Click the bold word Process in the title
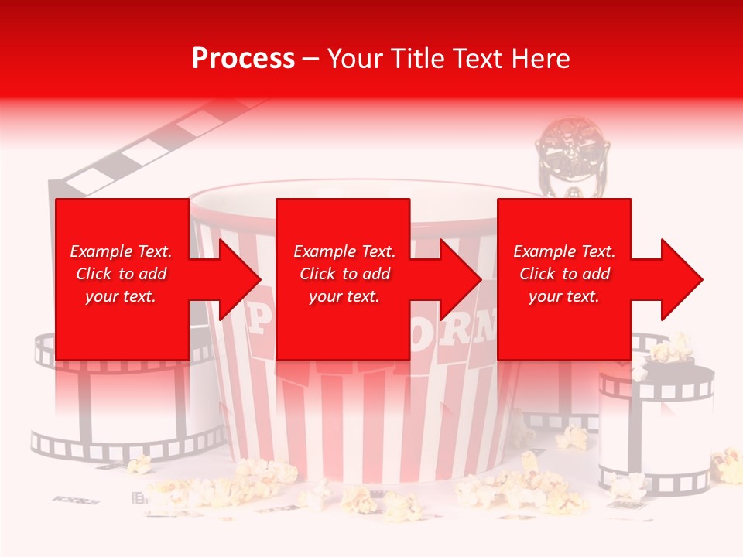[x=243, y=58]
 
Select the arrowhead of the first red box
[x=232, y=279]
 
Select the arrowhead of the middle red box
[x=455, y=279]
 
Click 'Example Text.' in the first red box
[x=121, y=251]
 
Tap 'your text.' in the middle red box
[x=344, y=296]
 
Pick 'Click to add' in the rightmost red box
[x=564, y=274]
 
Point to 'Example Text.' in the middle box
[x=344, y=251]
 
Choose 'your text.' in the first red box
[x=121, y=296]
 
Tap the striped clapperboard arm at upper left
[x=155, y=147]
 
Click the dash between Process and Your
[x=311, y=60]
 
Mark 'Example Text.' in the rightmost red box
[x=564, y=251]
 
